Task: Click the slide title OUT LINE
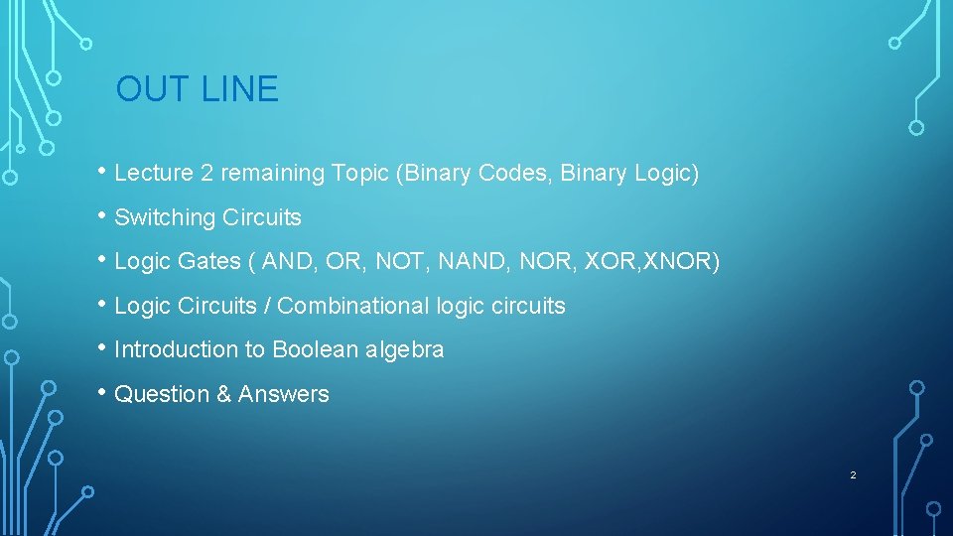[197, 89]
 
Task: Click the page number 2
[852, 475]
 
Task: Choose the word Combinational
[353, 306]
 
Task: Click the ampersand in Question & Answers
[221, 394]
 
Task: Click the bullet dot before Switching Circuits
[103, 216]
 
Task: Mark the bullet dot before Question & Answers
[103, 393]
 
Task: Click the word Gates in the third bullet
[207, 261]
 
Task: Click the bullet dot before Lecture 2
[103, 172]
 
